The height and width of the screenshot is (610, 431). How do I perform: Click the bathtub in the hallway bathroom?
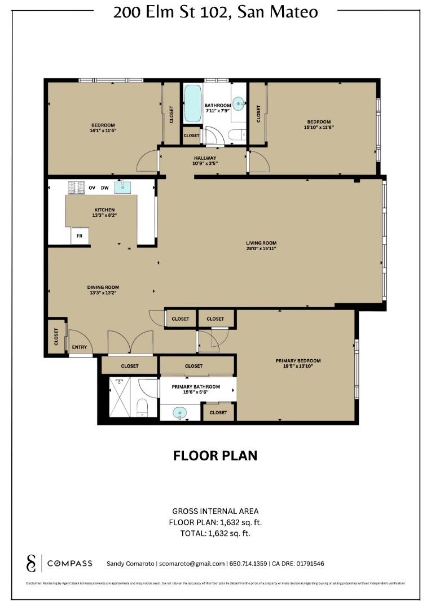[x=192, y=104]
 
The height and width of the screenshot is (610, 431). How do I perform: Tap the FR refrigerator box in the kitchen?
[x=80, y=237]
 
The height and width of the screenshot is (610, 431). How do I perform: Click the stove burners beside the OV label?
[x=76, y=187]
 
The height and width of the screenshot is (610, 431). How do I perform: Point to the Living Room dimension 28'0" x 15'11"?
[x=261, y=248]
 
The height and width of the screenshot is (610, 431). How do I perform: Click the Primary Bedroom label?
[x=298, y=361]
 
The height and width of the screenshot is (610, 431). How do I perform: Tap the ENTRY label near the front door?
[x=78, y=347]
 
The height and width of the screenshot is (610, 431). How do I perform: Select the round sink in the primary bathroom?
[x=180, y=413]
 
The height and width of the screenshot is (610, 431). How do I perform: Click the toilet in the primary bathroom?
[x=142, y=407]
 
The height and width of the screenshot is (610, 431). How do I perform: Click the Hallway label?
[x=205, y=158]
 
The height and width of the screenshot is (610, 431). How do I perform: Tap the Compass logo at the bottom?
[x=61, y=563]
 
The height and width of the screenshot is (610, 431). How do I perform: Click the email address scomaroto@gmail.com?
[x=192, y=564]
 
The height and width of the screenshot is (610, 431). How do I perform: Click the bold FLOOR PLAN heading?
[x=215, y=455]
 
